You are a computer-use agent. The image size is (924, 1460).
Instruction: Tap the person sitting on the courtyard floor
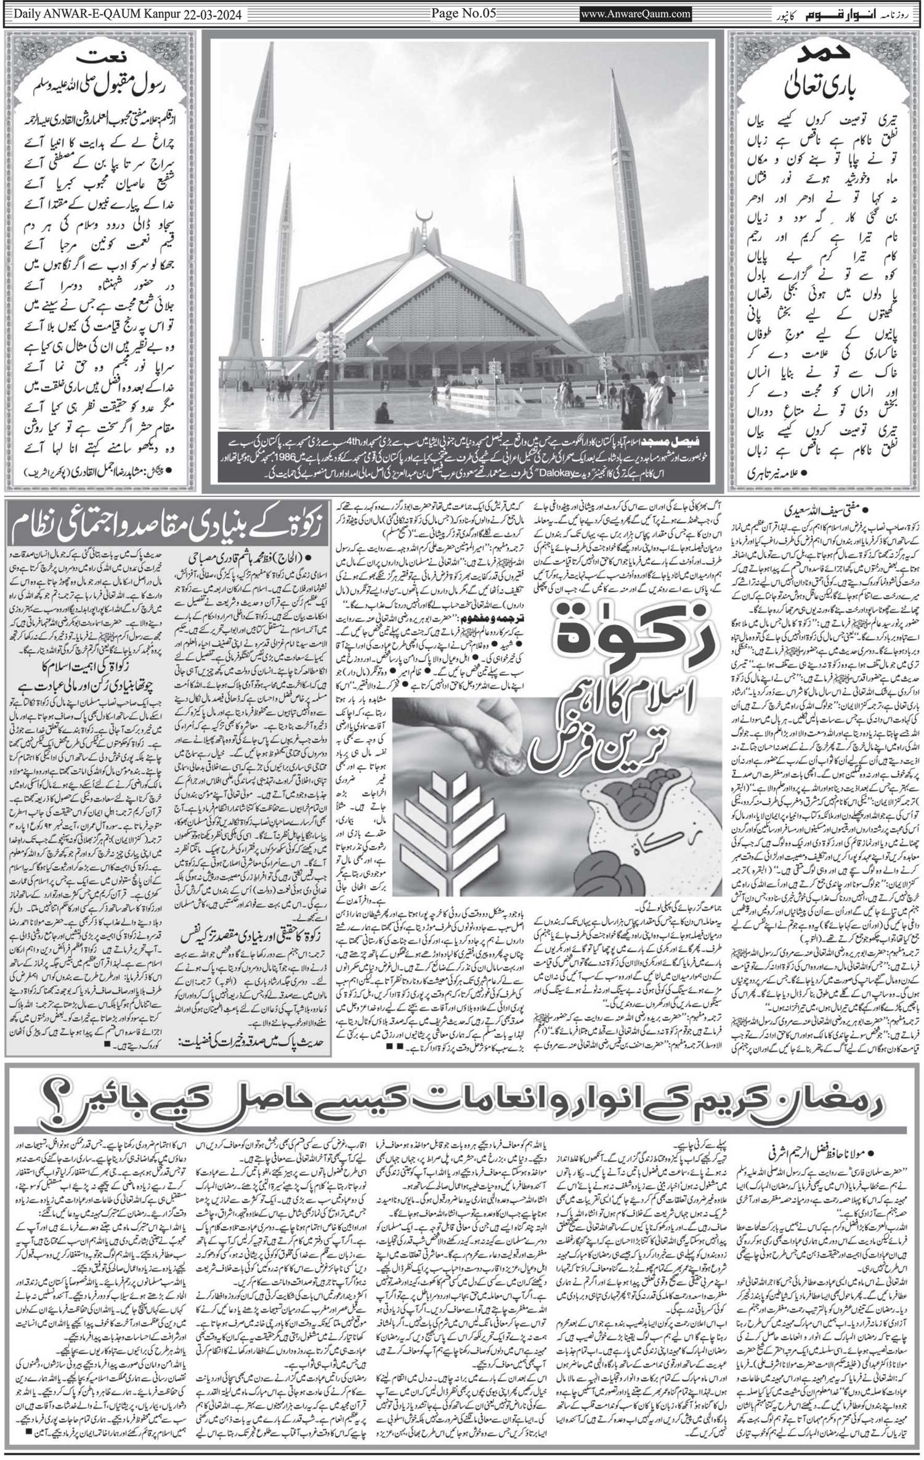tap(383, 414)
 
